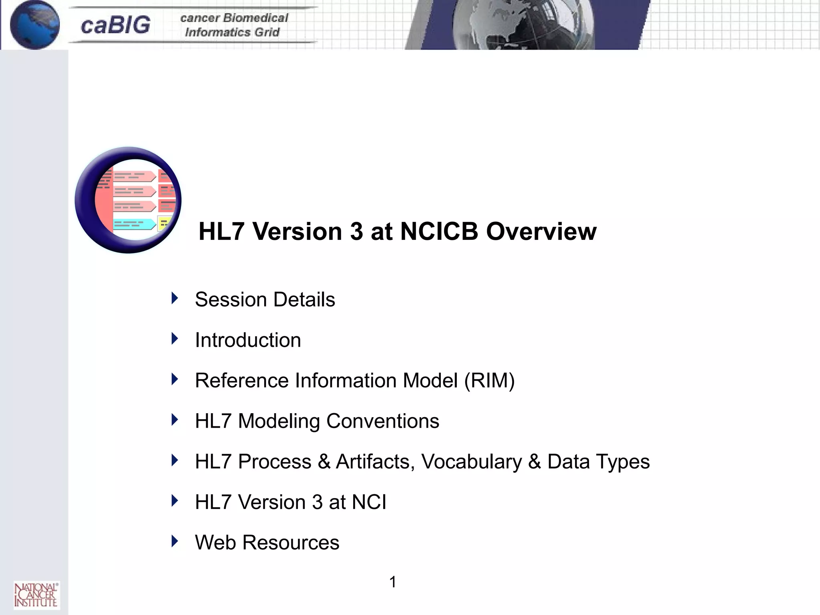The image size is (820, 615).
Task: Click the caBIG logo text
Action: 115,25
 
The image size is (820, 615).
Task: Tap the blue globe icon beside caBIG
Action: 34,25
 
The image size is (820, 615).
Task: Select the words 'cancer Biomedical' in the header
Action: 234,18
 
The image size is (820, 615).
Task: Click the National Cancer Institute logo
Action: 36,595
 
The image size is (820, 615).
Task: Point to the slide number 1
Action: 393,582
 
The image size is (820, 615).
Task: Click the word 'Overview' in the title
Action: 541,231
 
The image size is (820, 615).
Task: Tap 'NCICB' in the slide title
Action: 439,231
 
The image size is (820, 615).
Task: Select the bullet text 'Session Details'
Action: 265,299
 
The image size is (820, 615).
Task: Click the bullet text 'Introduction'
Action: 248,340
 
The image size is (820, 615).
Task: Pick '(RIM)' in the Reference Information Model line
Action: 489,380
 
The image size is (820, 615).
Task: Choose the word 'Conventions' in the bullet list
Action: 383,421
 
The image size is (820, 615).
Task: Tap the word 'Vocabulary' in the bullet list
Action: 472,462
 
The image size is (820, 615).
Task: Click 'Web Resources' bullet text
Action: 267,543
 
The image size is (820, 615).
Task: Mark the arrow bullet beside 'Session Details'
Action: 175,298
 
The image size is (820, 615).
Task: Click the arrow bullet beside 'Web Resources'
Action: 175,541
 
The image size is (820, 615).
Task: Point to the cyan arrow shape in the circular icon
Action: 134,224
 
